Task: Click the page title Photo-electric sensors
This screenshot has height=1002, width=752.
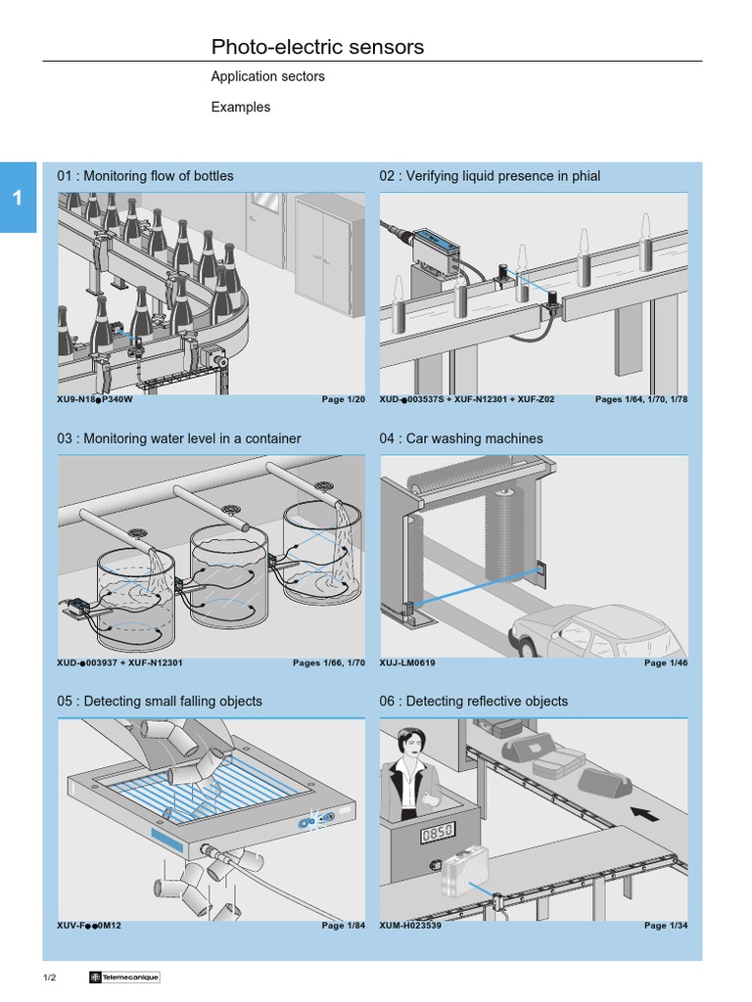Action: (317, 47)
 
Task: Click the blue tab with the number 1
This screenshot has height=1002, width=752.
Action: (18, 197)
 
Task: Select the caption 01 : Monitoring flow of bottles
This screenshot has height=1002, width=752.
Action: (145, 176)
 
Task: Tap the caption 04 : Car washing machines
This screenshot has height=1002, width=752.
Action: (460, 438)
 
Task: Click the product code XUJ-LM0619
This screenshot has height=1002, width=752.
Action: (407, 662)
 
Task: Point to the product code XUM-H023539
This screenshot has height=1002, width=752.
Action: (410, 925)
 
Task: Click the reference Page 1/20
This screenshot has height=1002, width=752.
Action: (343, 400)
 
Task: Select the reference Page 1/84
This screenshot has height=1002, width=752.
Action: (343, 925)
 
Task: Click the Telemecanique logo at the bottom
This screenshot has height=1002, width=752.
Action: (123, 978)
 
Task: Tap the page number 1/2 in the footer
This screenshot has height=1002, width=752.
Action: (49, 978)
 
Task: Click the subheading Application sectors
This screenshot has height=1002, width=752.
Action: (267, 76)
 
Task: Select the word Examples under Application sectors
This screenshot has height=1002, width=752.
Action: (240, 107)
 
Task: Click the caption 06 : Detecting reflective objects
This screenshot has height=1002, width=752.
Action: (473, 701)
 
